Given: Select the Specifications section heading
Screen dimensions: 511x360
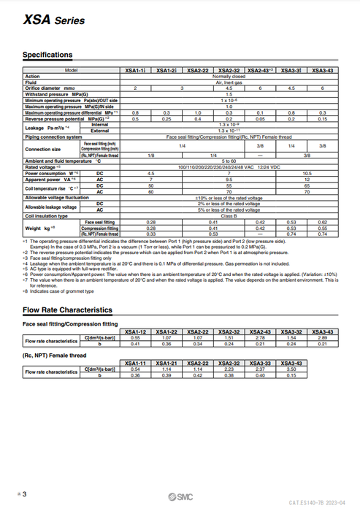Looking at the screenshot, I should pos(47,55).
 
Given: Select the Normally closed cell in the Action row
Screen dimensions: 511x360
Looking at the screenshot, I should pos(229,76).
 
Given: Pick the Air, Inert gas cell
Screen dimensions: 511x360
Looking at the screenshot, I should pos(229,82).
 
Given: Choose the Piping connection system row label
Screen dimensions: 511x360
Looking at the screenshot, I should pos(53,136).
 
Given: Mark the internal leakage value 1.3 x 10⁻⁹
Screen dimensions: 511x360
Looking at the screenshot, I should pos(229,125).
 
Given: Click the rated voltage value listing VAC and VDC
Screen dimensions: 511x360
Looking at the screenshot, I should pos(229,166).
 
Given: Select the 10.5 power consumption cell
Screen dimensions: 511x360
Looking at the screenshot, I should pos(307,172).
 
